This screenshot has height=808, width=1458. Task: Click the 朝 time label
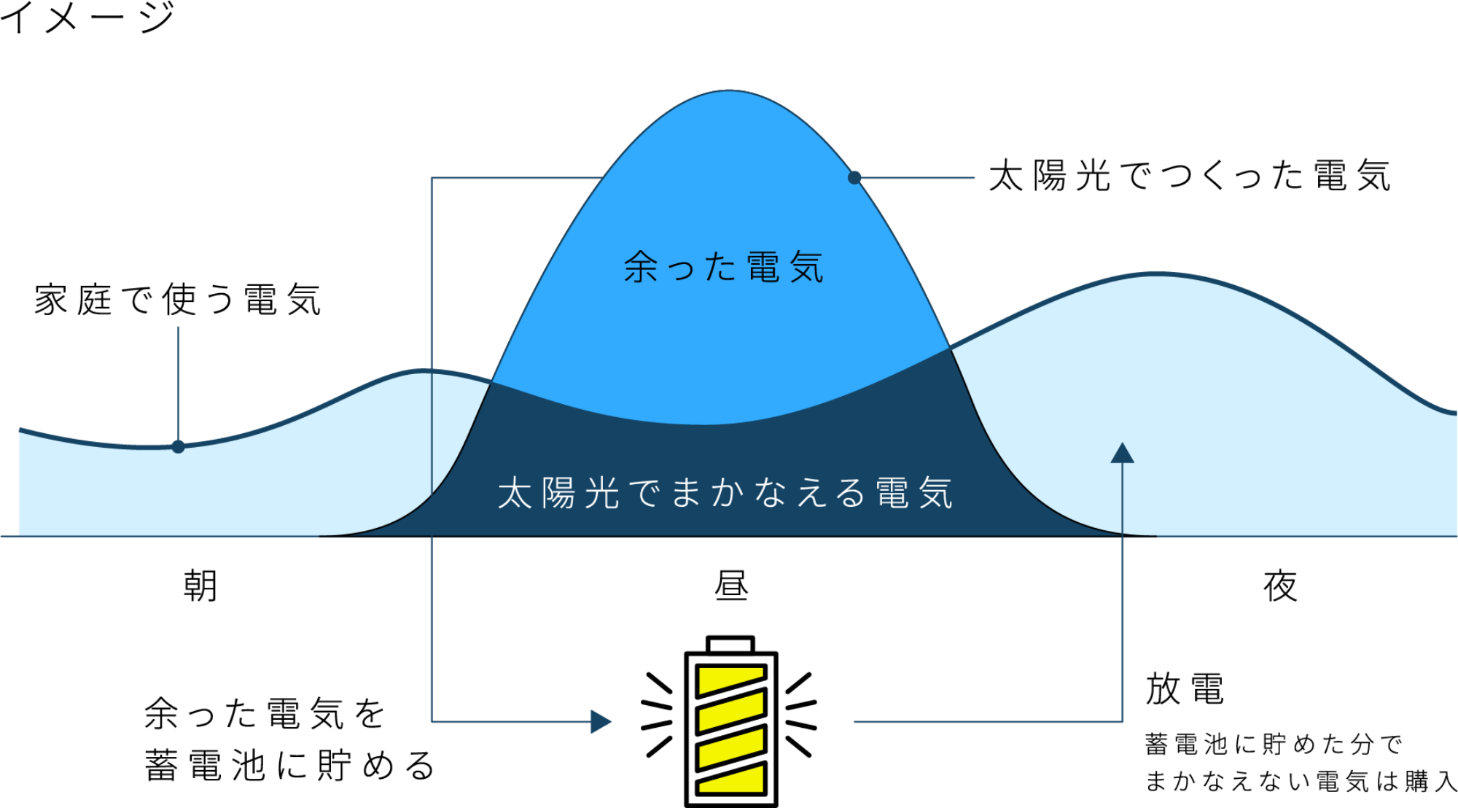200,586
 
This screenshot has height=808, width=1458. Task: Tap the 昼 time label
731,586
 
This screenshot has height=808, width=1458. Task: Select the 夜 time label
1280,586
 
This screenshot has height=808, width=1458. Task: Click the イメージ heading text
87,18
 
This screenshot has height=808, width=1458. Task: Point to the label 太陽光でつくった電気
1190,176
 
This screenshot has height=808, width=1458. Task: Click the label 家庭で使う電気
178,300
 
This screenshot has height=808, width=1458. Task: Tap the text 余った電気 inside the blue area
724,267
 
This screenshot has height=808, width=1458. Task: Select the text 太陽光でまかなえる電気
725,493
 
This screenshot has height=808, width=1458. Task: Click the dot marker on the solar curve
854,177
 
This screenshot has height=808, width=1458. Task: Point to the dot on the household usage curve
178,446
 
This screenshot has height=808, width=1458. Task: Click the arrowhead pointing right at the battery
601,721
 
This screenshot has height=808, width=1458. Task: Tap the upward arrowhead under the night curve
1122,453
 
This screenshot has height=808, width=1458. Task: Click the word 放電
1185,689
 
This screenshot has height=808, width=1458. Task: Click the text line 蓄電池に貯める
290,766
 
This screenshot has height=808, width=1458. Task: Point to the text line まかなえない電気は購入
1301,781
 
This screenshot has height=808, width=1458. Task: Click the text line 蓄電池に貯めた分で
1274,745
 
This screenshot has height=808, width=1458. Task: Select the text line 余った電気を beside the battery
265,713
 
